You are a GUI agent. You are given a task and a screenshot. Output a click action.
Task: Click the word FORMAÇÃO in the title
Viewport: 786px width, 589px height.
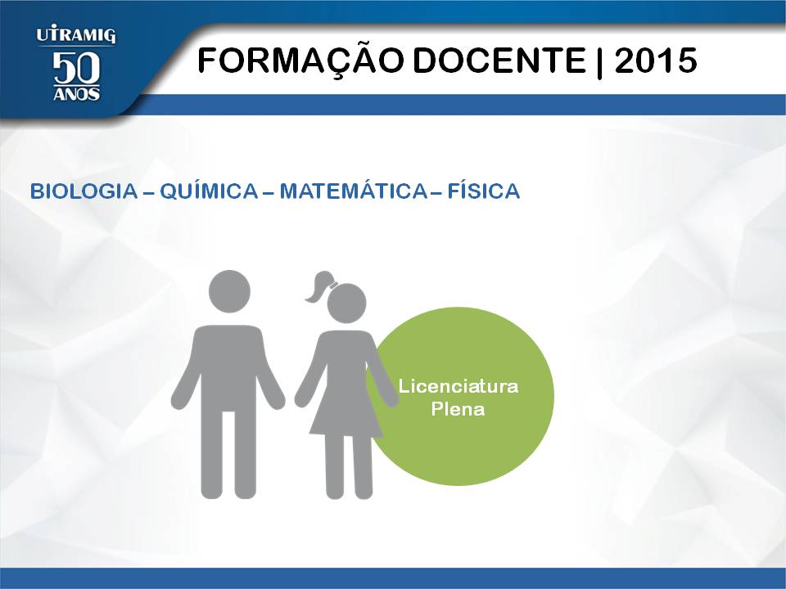(x=300, y=60)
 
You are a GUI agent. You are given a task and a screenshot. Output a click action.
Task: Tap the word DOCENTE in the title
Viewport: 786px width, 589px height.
(x=499, y=60)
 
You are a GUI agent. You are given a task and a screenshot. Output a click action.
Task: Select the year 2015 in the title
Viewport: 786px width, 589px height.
(x=656, y=60)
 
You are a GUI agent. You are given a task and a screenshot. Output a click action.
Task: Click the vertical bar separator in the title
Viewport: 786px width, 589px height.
(x=599, y=61)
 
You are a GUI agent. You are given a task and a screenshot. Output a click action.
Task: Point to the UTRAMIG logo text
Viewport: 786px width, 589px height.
(x=75, y=35)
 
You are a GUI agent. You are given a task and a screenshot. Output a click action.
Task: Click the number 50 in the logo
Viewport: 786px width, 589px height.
(x=76, y=68)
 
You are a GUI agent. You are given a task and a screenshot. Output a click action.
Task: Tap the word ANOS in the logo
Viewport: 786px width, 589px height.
(x=76, y=94)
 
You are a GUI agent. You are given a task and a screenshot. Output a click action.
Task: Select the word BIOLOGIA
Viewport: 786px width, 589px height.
(x=84, y=191)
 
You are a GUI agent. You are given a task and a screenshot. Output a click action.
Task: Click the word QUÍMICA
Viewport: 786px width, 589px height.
(x=209, y=191)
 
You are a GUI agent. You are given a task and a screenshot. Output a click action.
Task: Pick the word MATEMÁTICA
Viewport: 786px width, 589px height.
(x=353, y=191)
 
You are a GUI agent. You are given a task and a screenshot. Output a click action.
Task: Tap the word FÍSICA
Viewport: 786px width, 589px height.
(x=483, y=191)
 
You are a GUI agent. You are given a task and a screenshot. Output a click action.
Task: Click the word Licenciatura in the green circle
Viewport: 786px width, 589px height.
(x=458, y=386)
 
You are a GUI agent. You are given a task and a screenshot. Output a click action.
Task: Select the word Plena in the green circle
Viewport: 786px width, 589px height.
(x=458, y=409)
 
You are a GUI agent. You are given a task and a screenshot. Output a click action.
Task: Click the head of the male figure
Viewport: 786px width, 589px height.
(x=229, y=291)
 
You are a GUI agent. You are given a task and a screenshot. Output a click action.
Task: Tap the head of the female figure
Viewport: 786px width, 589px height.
(x=346, y=303)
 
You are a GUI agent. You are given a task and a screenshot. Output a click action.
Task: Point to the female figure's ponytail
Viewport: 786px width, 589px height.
(x=318, y=286)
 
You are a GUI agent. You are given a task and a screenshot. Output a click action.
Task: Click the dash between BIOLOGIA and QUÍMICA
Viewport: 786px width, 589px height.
(x=148, y=192)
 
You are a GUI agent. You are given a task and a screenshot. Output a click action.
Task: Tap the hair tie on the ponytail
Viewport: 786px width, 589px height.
(x=333, y=286)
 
